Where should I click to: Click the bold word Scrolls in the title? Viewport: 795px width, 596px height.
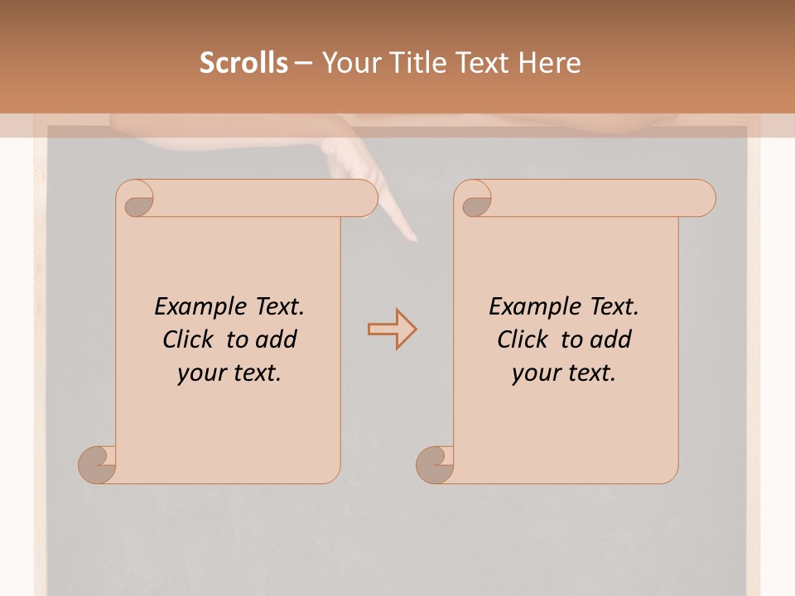243,63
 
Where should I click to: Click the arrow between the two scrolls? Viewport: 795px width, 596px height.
393,329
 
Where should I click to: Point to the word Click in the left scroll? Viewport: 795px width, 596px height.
187,339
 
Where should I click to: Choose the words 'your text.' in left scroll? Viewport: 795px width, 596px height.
229,373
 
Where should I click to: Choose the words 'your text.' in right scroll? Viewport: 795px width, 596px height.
564,373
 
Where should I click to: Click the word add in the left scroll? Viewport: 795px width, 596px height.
276,339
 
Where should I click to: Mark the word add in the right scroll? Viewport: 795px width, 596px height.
610,339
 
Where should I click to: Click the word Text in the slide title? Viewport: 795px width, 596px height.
484,63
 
